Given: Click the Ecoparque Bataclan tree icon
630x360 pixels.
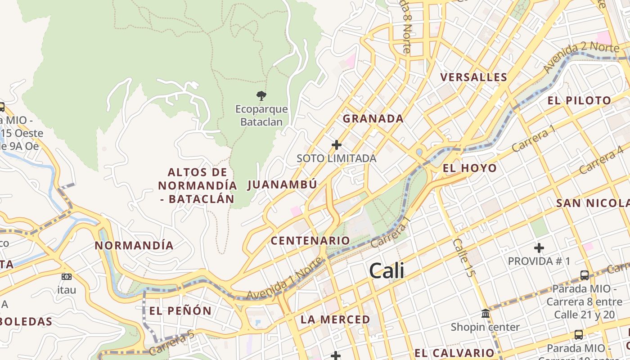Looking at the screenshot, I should [x=261, y=95].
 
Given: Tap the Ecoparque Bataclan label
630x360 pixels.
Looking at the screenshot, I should [x=261, y=115].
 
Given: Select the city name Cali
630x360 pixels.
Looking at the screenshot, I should [x=387, y=271].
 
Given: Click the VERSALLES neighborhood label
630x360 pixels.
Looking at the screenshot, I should [x=474, y=77].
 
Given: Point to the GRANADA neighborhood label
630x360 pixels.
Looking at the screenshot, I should [x=373, y=119].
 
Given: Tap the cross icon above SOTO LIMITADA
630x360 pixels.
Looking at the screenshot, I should [x=336, y=145].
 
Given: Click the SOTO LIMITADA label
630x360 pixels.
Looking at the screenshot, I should [x=336, y=158].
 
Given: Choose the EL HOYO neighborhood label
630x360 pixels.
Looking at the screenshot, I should [x=470, y=169].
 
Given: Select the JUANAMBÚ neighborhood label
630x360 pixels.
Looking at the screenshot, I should [x=282, y=184].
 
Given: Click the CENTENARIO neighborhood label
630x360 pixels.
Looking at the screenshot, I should [x=310, y=241].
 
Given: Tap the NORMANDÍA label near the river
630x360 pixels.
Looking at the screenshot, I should [x=134, y=246].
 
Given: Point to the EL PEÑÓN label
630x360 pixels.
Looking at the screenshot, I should [x=180, y=311].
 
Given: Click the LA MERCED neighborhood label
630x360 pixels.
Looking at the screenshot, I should [x=335, y=320].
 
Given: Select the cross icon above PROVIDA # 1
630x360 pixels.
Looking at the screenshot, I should [x=539, y=247].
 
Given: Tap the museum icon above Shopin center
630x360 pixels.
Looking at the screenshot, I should [x=485, y=314].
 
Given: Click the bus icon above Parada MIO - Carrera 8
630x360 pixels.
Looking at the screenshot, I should [x=584, y=275].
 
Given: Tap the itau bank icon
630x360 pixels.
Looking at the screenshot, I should [x=67, y=277].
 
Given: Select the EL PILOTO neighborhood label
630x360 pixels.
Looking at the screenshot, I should [x=579, y=101].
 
